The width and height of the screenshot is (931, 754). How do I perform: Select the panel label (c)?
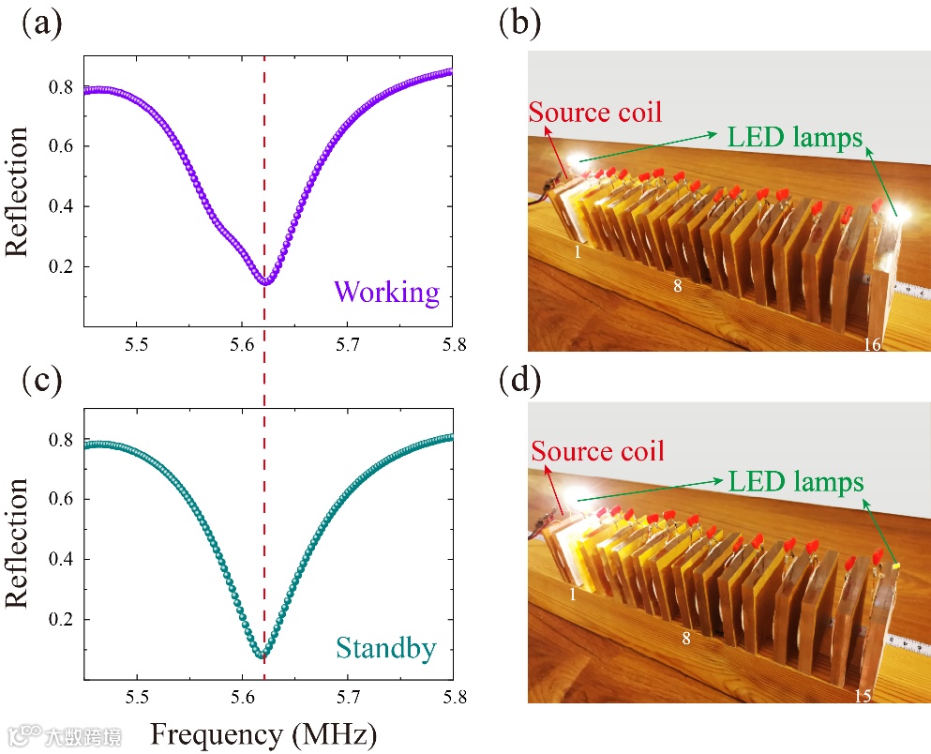pyautogui.click(x=41, y=382)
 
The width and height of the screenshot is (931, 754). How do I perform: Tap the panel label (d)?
pyautogui.click(x=518, y=382)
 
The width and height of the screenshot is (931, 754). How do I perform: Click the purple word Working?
pyautogui.click(x=386, y=293)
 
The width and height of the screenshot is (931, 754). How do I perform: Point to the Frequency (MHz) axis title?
pyautogui.click(x=263, y=731)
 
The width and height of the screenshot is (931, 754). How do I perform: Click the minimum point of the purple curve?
pyautogui.click(x=265, y=280)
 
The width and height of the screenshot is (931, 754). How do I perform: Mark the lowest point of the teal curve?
pyautogui.click(x=263, y=655)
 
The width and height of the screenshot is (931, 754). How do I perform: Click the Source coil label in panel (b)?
pyautogui.click(x=595, y=113)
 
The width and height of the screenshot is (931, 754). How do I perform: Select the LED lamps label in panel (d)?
pyautogui.click(x=794, y=482)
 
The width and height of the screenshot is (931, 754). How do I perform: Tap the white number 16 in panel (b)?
pyautogui.click(x=872, y=346)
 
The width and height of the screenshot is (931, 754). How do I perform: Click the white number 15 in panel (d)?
pyautogui.click(x=864, y=697)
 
